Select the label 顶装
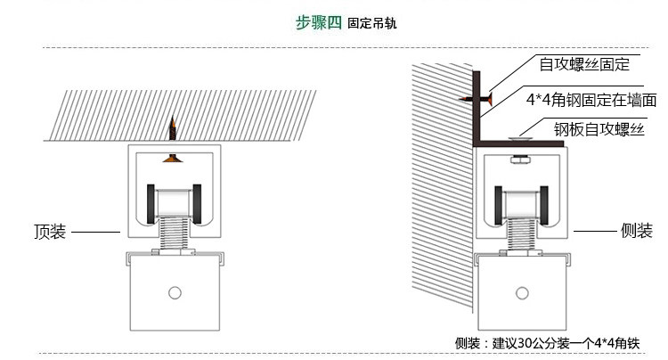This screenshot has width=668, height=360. (50, 232)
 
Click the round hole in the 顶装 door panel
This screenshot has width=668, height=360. (175, 292)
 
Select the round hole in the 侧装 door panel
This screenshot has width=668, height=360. (521, 292)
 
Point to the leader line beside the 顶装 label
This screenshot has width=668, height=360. (95, 232)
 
